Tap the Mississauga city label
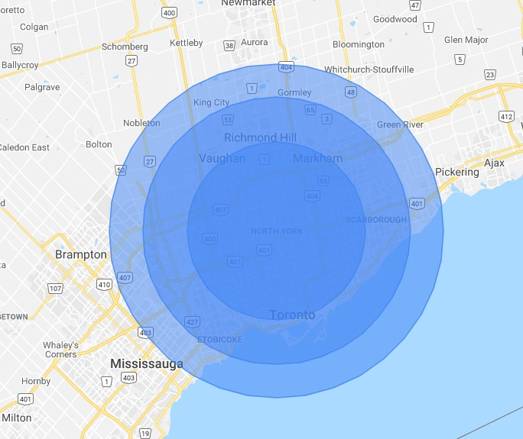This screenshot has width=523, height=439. pyautogui.click(x=146, y=363)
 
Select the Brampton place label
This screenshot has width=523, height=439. pyautogui.click(x=80, y=254)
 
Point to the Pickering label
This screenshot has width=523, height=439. pyautogui.click(x=456, y=172)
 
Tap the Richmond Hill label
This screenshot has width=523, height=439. pyautogui.click(x=260, y=138)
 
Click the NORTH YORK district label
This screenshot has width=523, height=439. pyautogui.click(x=276, y=231)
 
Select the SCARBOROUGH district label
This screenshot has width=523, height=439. pyautogui.click(x=376, y=220)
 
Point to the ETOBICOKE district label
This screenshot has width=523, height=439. pyautogui.click(x=219, y=339)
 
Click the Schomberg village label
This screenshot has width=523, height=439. pyautogui.click(x=124, y=47)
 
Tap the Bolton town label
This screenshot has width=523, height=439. pyautogui.click(x=99, y=144)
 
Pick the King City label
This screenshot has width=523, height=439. pyautogui.click(x=211, y=102)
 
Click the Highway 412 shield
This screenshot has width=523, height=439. pyautogui.click(x=505, y=116)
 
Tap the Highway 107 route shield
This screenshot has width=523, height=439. pyautogui.click(x=54, y=289)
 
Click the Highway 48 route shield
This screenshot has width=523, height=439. pyautogui.click(x=351, y=92)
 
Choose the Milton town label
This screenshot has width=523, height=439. pyautogui.click(x=17, y=418)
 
